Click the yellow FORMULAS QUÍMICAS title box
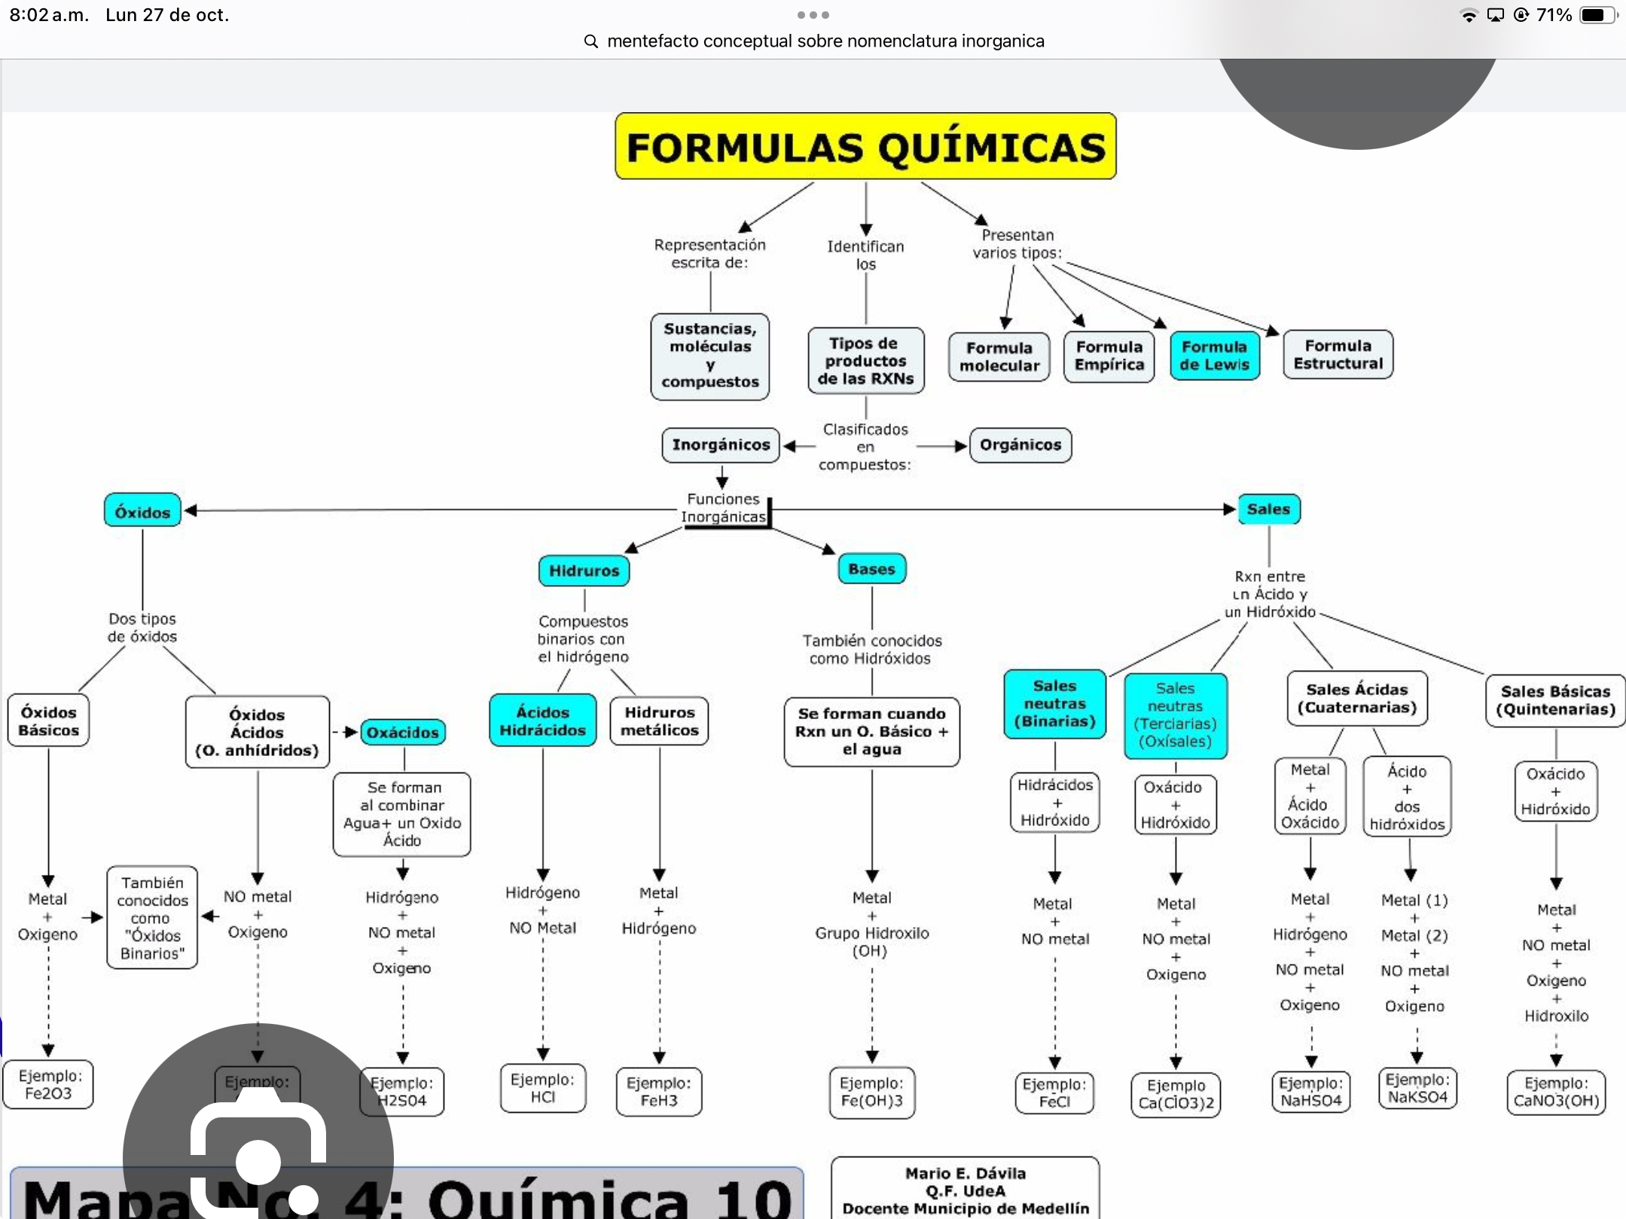point(865,146)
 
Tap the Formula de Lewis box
point(1214,355)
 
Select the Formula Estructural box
point(1338,355)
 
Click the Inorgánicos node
point(721,445)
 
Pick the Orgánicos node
point(1020,445)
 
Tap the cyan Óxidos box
point(142,511)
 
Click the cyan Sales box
point(1268,509)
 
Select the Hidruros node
point(584,571)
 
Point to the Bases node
point(871,569)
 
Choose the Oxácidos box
point(402,732)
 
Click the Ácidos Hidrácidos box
point(542,721)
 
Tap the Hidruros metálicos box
point(659,721)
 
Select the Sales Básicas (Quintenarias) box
point(1555,700)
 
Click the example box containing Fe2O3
point(48,1085)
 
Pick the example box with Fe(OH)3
point(871,1092)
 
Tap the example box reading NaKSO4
point(1417,1089)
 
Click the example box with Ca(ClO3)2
point(1176,1094)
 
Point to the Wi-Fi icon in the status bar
point(1468,15)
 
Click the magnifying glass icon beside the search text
point(591,41)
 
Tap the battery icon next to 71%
point(1597,15)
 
